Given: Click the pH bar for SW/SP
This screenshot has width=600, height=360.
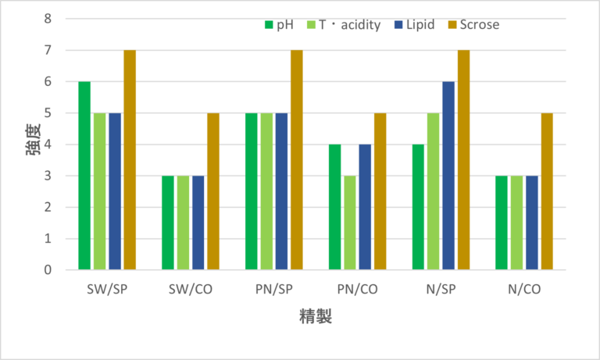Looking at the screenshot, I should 84,176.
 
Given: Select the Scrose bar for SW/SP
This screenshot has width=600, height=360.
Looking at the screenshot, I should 130,160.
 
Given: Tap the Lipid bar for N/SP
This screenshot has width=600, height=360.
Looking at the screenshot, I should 449,176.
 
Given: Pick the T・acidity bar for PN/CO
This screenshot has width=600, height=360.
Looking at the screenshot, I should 350,223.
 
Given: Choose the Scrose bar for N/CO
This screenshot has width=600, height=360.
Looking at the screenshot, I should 548,191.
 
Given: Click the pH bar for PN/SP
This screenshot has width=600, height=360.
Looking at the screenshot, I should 252,191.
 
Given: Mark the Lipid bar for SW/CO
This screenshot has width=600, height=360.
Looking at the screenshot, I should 198,223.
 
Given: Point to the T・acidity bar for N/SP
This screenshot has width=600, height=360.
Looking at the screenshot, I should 434,191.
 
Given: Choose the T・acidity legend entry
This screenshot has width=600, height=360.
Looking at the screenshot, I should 342,24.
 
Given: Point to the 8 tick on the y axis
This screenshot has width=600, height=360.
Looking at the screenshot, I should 48,18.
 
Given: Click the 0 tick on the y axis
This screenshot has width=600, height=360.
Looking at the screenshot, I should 48,270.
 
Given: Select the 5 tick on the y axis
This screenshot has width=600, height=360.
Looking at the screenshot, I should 48,112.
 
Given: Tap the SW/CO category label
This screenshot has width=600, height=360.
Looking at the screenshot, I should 191,290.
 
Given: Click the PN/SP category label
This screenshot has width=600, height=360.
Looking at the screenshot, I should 274,290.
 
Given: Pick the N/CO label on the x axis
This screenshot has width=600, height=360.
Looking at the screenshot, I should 524,290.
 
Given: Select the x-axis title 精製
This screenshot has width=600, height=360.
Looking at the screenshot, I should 316,319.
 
